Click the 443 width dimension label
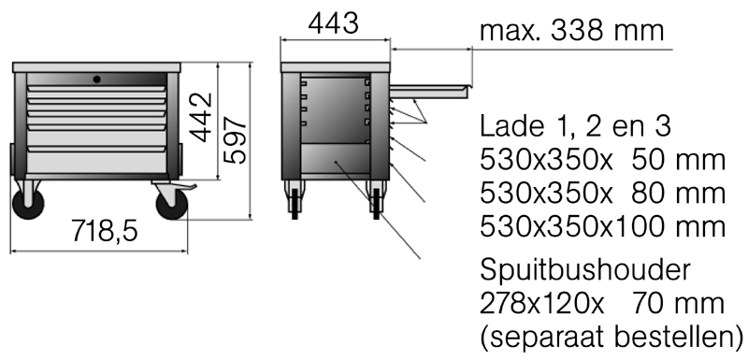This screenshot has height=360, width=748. coord(333,23)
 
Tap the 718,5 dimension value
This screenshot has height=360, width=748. coord(104,230)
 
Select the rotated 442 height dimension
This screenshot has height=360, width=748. coord(201,117)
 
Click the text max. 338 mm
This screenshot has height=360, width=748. coord(571,31)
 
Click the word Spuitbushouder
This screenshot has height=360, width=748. coord(584,271)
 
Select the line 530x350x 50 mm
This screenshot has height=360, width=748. coord(602,161)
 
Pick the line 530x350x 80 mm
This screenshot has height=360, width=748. coord(602,194)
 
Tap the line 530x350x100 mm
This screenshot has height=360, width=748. coord(602,226)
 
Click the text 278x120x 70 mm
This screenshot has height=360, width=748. coord(602,304)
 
